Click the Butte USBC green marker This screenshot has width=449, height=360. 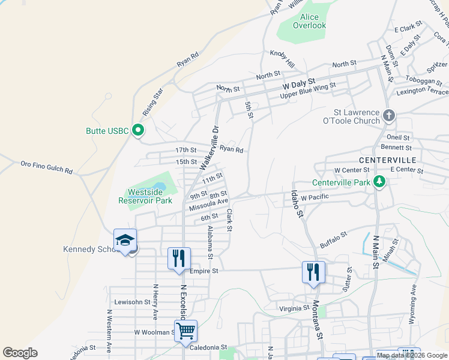pos(138,130)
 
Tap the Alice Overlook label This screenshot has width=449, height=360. pos(310,21)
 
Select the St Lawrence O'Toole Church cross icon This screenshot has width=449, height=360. pos(388,115)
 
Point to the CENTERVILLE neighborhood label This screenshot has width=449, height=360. pos(388,160)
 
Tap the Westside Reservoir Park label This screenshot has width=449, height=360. pos(149,196)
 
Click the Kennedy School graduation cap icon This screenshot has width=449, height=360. pos(125,240)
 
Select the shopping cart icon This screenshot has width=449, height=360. pos(186,330)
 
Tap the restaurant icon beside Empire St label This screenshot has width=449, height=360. pos(179,259)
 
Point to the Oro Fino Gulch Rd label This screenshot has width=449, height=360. pos(46,167)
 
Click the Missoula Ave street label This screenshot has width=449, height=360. pos(208,205)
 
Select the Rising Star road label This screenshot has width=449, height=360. pos(153,102)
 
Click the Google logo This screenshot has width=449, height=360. pos(20,353)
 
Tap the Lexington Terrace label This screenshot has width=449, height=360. pos(422,92)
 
